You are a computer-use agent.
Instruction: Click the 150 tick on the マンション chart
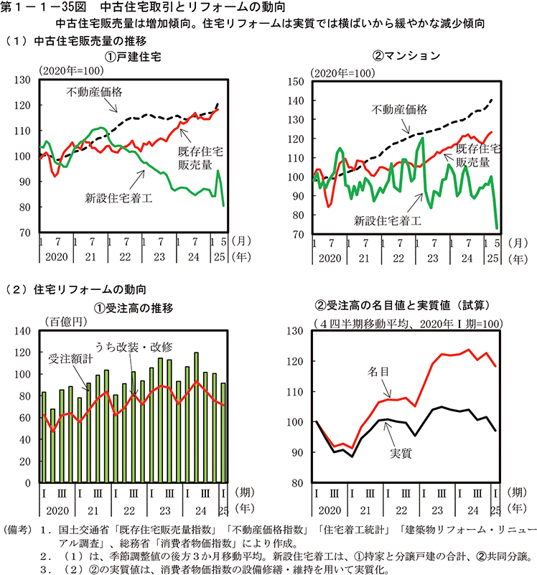point(296,82)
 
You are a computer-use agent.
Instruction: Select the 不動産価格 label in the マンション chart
point(398,109)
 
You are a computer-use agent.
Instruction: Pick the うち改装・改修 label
point(131,345)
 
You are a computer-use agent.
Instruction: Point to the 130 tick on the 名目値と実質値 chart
point(296,331)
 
